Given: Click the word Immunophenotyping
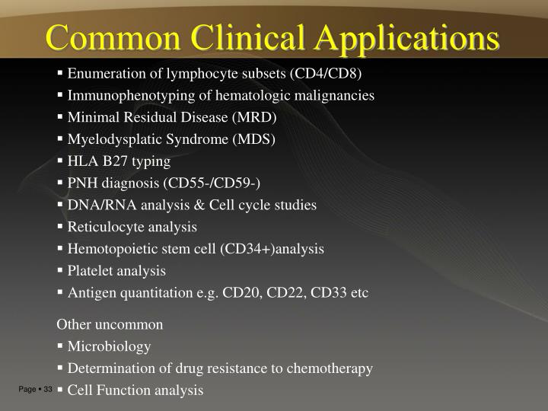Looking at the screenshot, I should (x=125, y=96).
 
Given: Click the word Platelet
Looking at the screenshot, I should (x=90, y=270).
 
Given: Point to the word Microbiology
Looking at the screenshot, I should (x=109, y=347).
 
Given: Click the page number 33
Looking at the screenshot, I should (x=48, y=390).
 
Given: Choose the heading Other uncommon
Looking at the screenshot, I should (x=110, y=324).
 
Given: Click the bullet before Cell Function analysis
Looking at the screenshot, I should (x=60, y=390).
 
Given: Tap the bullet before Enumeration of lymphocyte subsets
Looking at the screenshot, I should (x=60, y=74).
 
